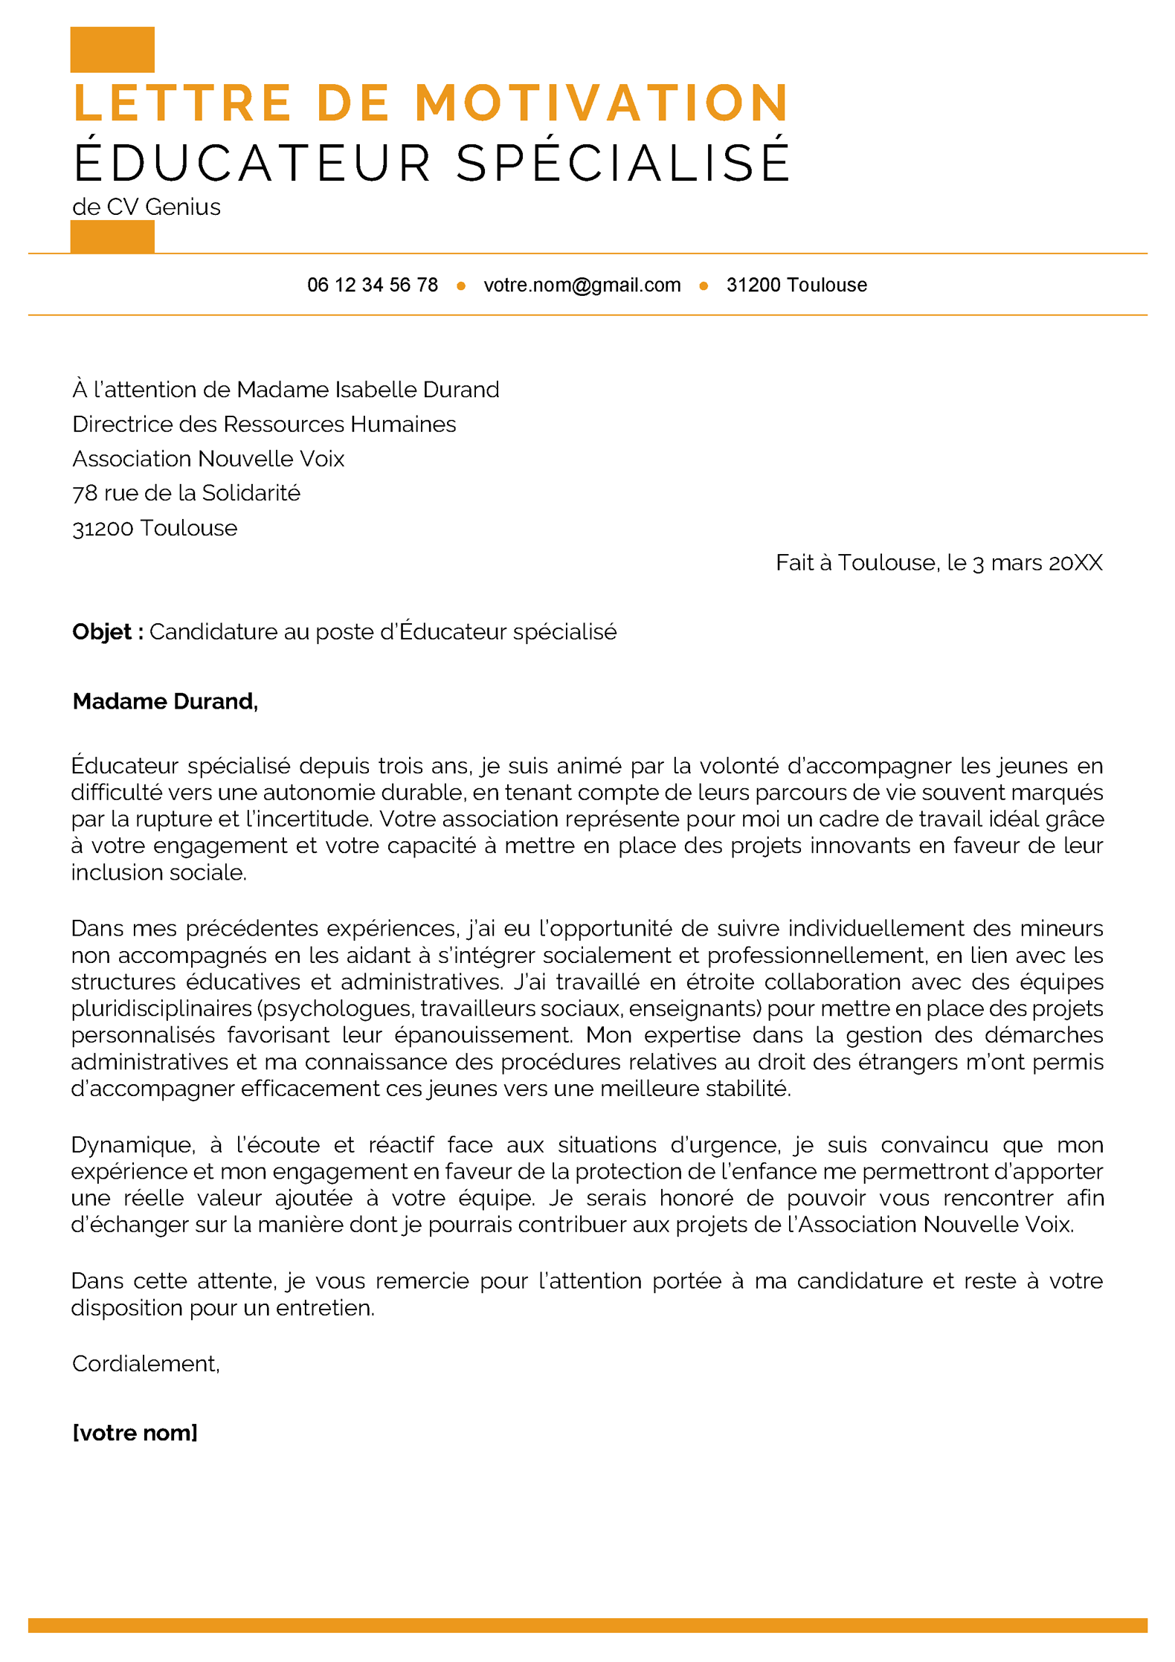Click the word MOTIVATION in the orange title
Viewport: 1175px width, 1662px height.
pyautogui.click(x=601, y=103)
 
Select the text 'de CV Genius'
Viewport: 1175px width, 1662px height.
pyautogui.click(x=147, y=207)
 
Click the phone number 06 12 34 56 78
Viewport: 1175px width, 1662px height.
pyautogui.click(x=372, y=285)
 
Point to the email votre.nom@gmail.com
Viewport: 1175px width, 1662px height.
pyautogui.click(x=582, y=285)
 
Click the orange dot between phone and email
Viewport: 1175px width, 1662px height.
pyautogui.click(x=461, y=286)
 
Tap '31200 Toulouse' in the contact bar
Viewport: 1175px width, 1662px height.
pyautogui.click(x=796, y=285)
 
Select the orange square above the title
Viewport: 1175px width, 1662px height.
pyautogui.click(x=112, y=49)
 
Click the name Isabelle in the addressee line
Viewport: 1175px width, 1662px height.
pyautogui.click(x=376, y=390)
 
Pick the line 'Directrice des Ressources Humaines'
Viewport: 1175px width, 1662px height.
pyautogui.click(x=264, y=424)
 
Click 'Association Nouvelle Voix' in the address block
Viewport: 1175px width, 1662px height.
pyautogui.click(x=208, y=459)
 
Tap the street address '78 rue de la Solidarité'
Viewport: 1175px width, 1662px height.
pyautogui.click(x=186, y=493)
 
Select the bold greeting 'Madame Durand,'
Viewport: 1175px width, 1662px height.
pyautogui.click(x=165, y=701)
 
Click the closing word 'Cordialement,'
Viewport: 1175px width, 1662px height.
pyautogui.click(x=146, y=1363)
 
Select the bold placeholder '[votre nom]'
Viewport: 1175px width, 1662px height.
pyautogui.click(x=135, y=1432)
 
